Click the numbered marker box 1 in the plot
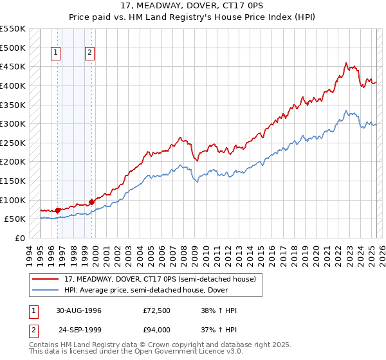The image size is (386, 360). (56, 53)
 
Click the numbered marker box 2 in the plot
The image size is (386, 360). (89, 53)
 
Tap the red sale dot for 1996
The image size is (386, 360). (58, 210)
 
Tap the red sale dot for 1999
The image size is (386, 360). (91, 202)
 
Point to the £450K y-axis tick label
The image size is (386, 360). (13, 66)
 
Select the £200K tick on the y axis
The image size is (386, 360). (13, 161)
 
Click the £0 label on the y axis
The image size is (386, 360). (21, 238)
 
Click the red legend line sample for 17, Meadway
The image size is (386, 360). (46, 279)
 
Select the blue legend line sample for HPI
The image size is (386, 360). (46, 290)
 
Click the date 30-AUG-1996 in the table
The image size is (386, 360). (78, 311)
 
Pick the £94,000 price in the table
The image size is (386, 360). (157, 330)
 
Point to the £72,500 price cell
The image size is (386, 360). (157, 311)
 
